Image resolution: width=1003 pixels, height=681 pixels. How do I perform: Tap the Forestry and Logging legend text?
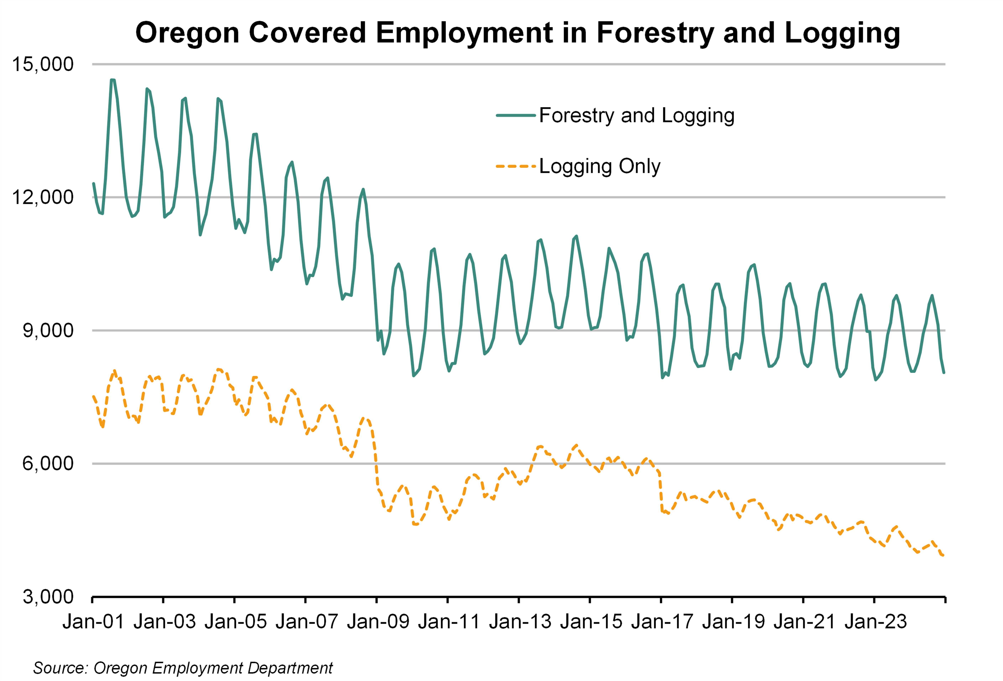pos(637,116)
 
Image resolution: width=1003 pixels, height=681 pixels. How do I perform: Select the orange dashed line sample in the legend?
pos(516,166)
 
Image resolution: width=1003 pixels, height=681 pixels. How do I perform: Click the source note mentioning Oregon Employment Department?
pos(182,668)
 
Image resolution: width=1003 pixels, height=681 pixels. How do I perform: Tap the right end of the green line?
pos(944,372)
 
